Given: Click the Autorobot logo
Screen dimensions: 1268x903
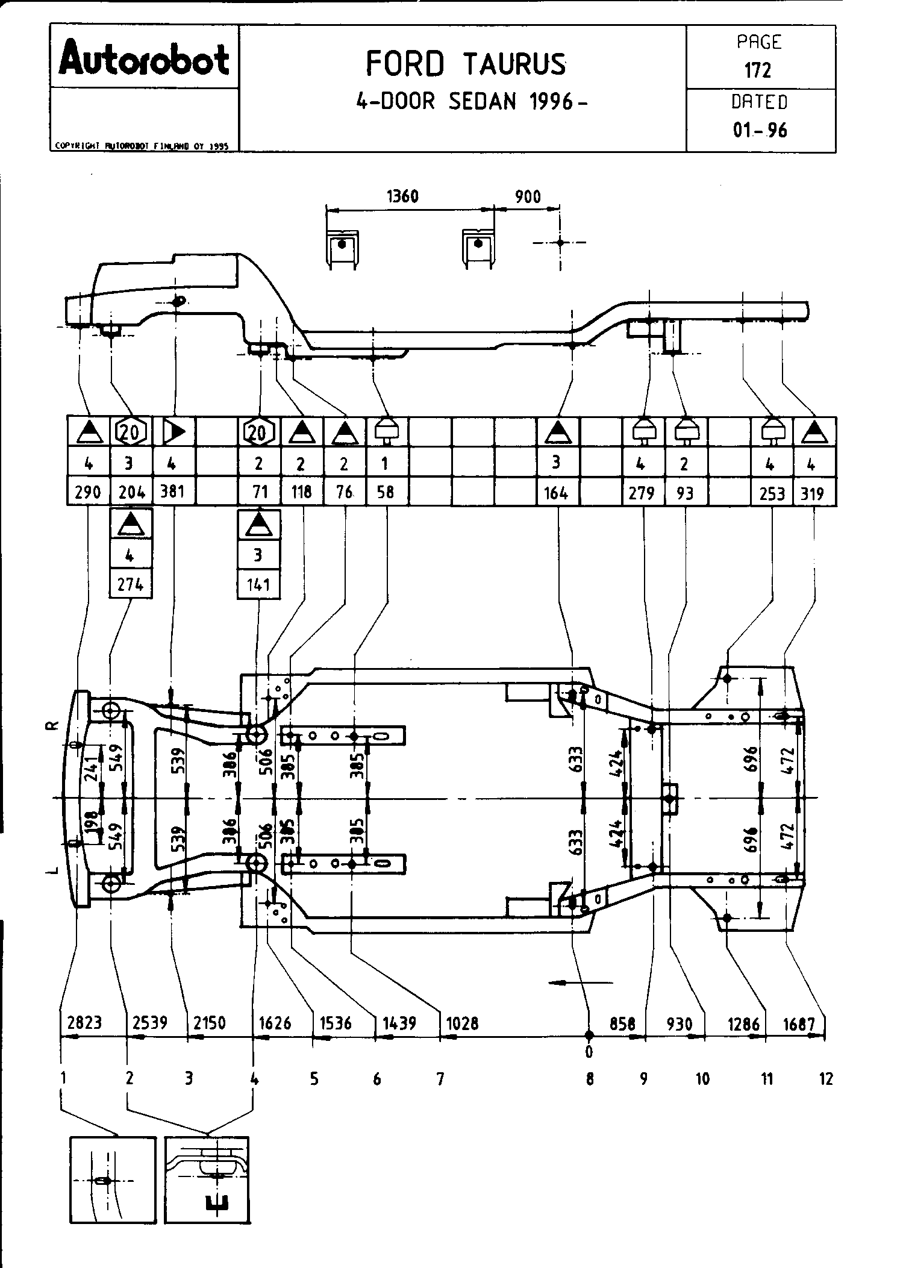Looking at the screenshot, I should [144, 58].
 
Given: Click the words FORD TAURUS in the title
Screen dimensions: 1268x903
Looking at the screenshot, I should [466, 64].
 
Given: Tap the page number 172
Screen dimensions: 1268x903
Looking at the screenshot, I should [758, 71].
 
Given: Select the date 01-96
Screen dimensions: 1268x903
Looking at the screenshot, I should [760, 130].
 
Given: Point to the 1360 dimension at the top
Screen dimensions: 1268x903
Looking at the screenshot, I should [402, 196].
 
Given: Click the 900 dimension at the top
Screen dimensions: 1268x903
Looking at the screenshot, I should [528, 197].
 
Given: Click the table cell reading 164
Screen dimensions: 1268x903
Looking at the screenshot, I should [556, 493].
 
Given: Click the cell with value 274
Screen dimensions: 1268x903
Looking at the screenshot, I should [131, 584].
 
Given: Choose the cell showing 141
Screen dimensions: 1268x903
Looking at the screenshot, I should [258, 584].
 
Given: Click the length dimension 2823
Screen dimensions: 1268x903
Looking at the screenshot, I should [85, 1022].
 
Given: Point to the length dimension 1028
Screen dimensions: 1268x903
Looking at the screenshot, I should [462, 1023].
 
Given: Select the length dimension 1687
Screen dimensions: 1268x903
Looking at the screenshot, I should [799, 1023].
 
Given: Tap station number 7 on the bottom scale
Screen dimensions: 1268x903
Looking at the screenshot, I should [440, 1079].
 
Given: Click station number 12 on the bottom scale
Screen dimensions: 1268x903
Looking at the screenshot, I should [826, 1079].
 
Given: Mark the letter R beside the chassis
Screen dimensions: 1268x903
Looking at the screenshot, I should [53, 725].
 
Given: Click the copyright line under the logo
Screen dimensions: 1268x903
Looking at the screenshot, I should [142, 145].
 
